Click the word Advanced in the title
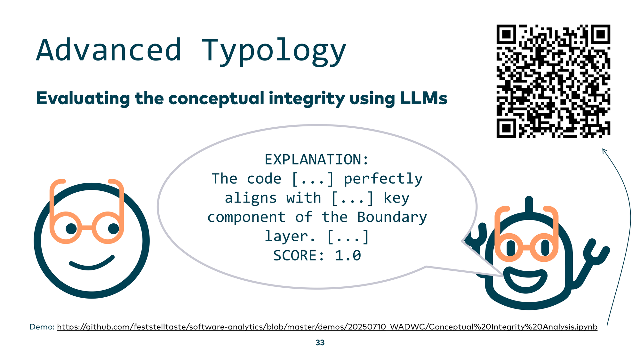click(109, 50)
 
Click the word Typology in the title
click(274, 52)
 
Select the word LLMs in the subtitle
click(424, 98)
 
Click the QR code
click(553, 81)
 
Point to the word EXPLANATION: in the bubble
click(317, 159)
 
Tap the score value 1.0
click(348, 256)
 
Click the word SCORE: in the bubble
click(299, 256)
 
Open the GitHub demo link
click(327, 327)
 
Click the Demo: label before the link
click(42, 327)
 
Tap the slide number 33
click(320, 343)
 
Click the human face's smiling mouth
click(92, 264)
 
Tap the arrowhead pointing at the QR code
click(604, 150)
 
